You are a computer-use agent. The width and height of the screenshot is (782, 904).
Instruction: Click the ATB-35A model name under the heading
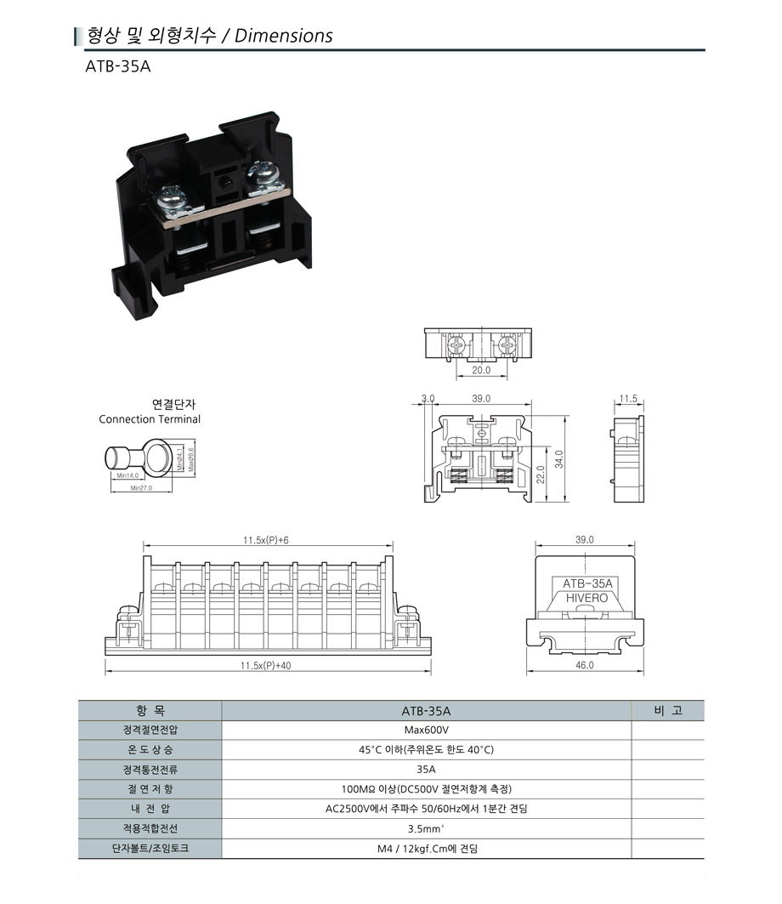118,67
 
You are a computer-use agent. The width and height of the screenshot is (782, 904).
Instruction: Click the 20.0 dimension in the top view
482,370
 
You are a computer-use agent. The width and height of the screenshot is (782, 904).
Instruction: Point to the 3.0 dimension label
428,398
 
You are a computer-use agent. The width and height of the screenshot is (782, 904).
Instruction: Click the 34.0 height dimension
558,459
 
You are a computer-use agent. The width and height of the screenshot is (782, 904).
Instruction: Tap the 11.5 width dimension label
628,398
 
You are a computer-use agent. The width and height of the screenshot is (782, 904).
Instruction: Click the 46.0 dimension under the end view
585,665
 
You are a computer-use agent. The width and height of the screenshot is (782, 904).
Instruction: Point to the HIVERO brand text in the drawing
586,599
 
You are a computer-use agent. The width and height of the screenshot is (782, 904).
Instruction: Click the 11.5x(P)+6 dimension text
266,540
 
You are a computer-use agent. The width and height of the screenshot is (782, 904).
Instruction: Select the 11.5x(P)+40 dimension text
266,666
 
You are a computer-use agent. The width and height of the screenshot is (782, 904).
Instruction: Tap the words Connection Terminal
150,419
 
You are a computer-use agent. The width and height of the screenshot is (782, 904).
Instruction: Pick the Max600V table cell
426,730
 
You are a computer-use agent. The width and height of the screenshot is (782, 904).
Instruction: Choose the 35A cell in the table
426,769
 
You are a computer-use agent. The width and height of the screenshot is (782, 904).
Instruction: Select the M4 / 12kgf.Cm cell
426,848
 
